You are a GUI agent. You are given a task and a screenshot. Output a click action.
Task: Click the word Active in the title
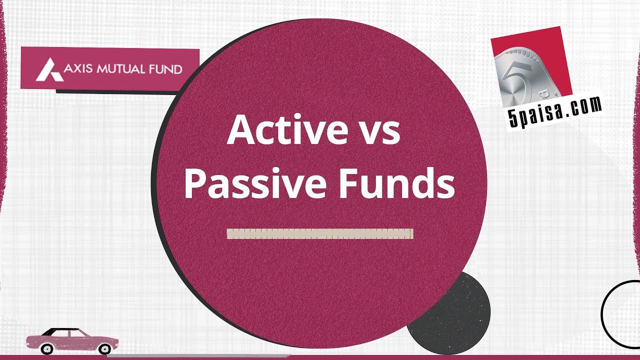coord(279,130)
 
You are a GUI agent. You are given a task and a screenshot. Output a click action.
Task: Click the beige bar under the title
coord(320,233)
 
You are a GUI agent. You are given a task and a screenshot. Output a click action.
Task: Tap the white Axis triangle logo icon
coord(49,69)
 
